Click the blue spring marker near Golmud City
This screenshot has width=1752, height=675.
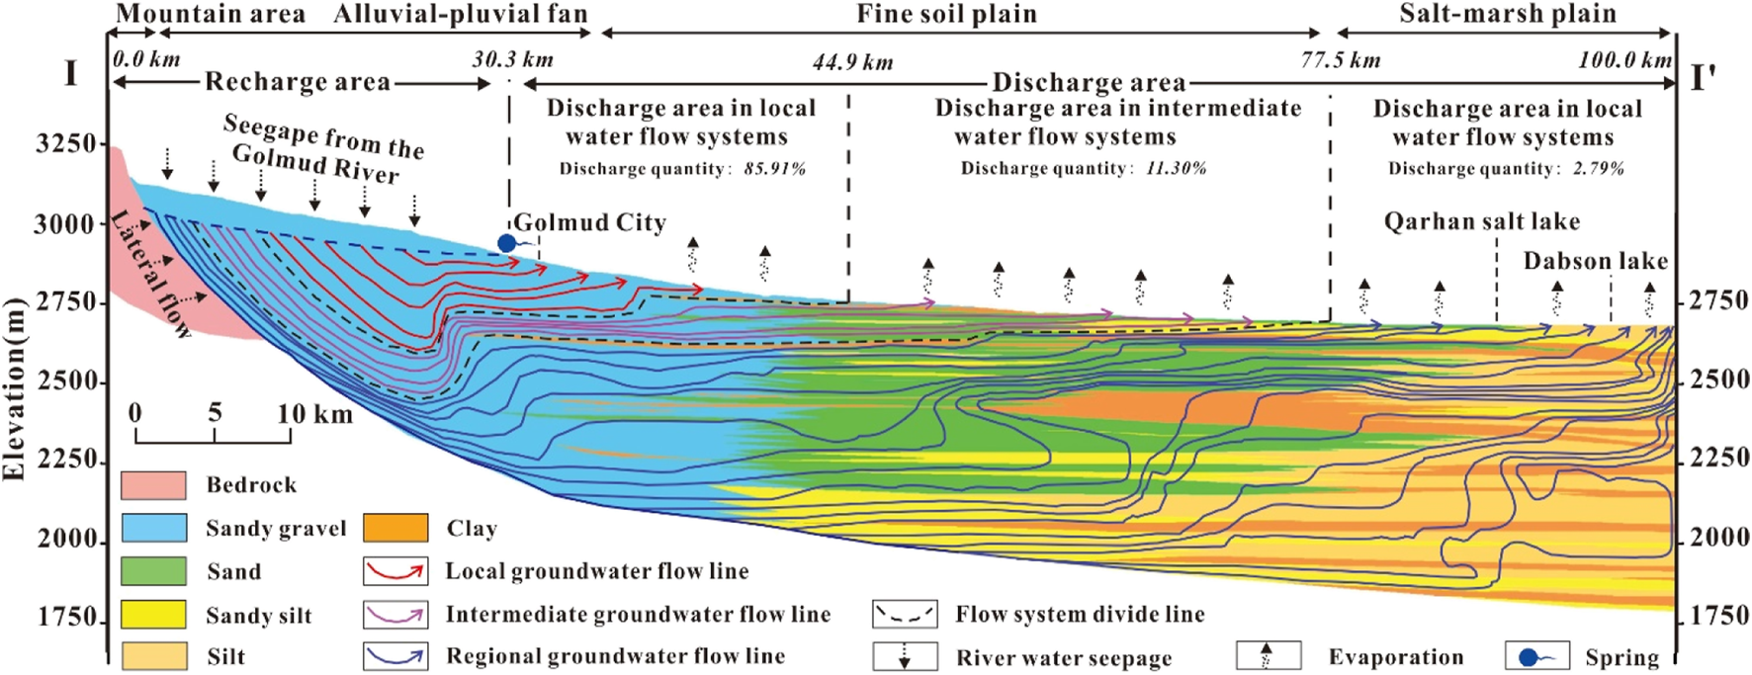(x=507, y=243)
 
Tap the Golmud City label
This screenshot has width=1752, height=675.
(x=589, y=222)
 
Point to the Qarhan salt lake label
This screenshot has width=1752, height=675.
(x=1481, y=221)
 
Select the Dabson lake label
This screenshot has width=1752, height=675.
(x=1595, y=261)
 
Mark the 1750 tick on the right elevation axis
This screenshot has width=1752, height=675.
(x=1679, y=617)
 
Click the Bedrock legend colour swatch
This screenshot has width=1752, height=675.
(x=153, y=485)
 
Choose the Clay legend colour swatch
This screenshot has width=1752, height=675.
(x=395, y=529)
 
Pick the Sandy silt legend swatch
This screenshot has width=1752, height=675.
(x=153, y=615)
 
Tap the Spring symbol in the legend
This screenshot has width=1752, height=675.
(x=1536, y=656)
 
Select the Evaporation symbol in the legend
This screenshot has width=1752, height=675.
(x=1268, y=656)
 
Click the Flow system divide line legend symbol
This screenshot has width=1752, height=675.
(x=904, y=615)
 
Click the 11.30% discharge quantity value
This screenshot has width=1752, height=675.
(x=1176, y=169)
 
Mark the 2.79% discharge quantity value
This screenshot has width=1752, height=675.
(x=1598, y=169)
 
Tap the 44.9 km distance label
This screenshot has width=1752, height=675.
(x=852, y=63)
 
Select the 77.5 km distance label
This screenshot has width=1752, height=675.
(x=1340, y=61)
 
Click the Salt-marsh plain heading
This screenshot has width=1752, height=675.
(x=1507, y=14)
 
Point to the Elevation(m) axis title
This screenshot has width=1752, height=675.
(x=14, y=389)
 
